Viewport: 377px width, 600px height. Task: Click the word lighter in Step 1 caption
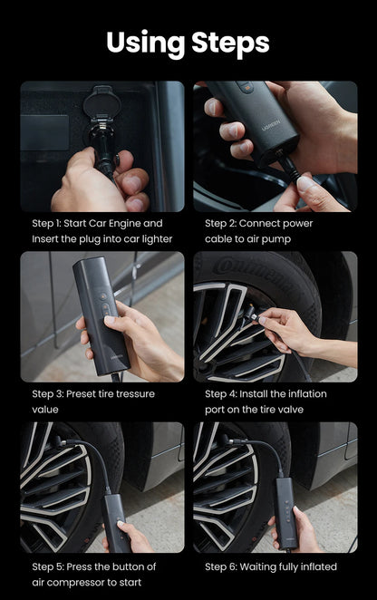pos(153,238)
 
